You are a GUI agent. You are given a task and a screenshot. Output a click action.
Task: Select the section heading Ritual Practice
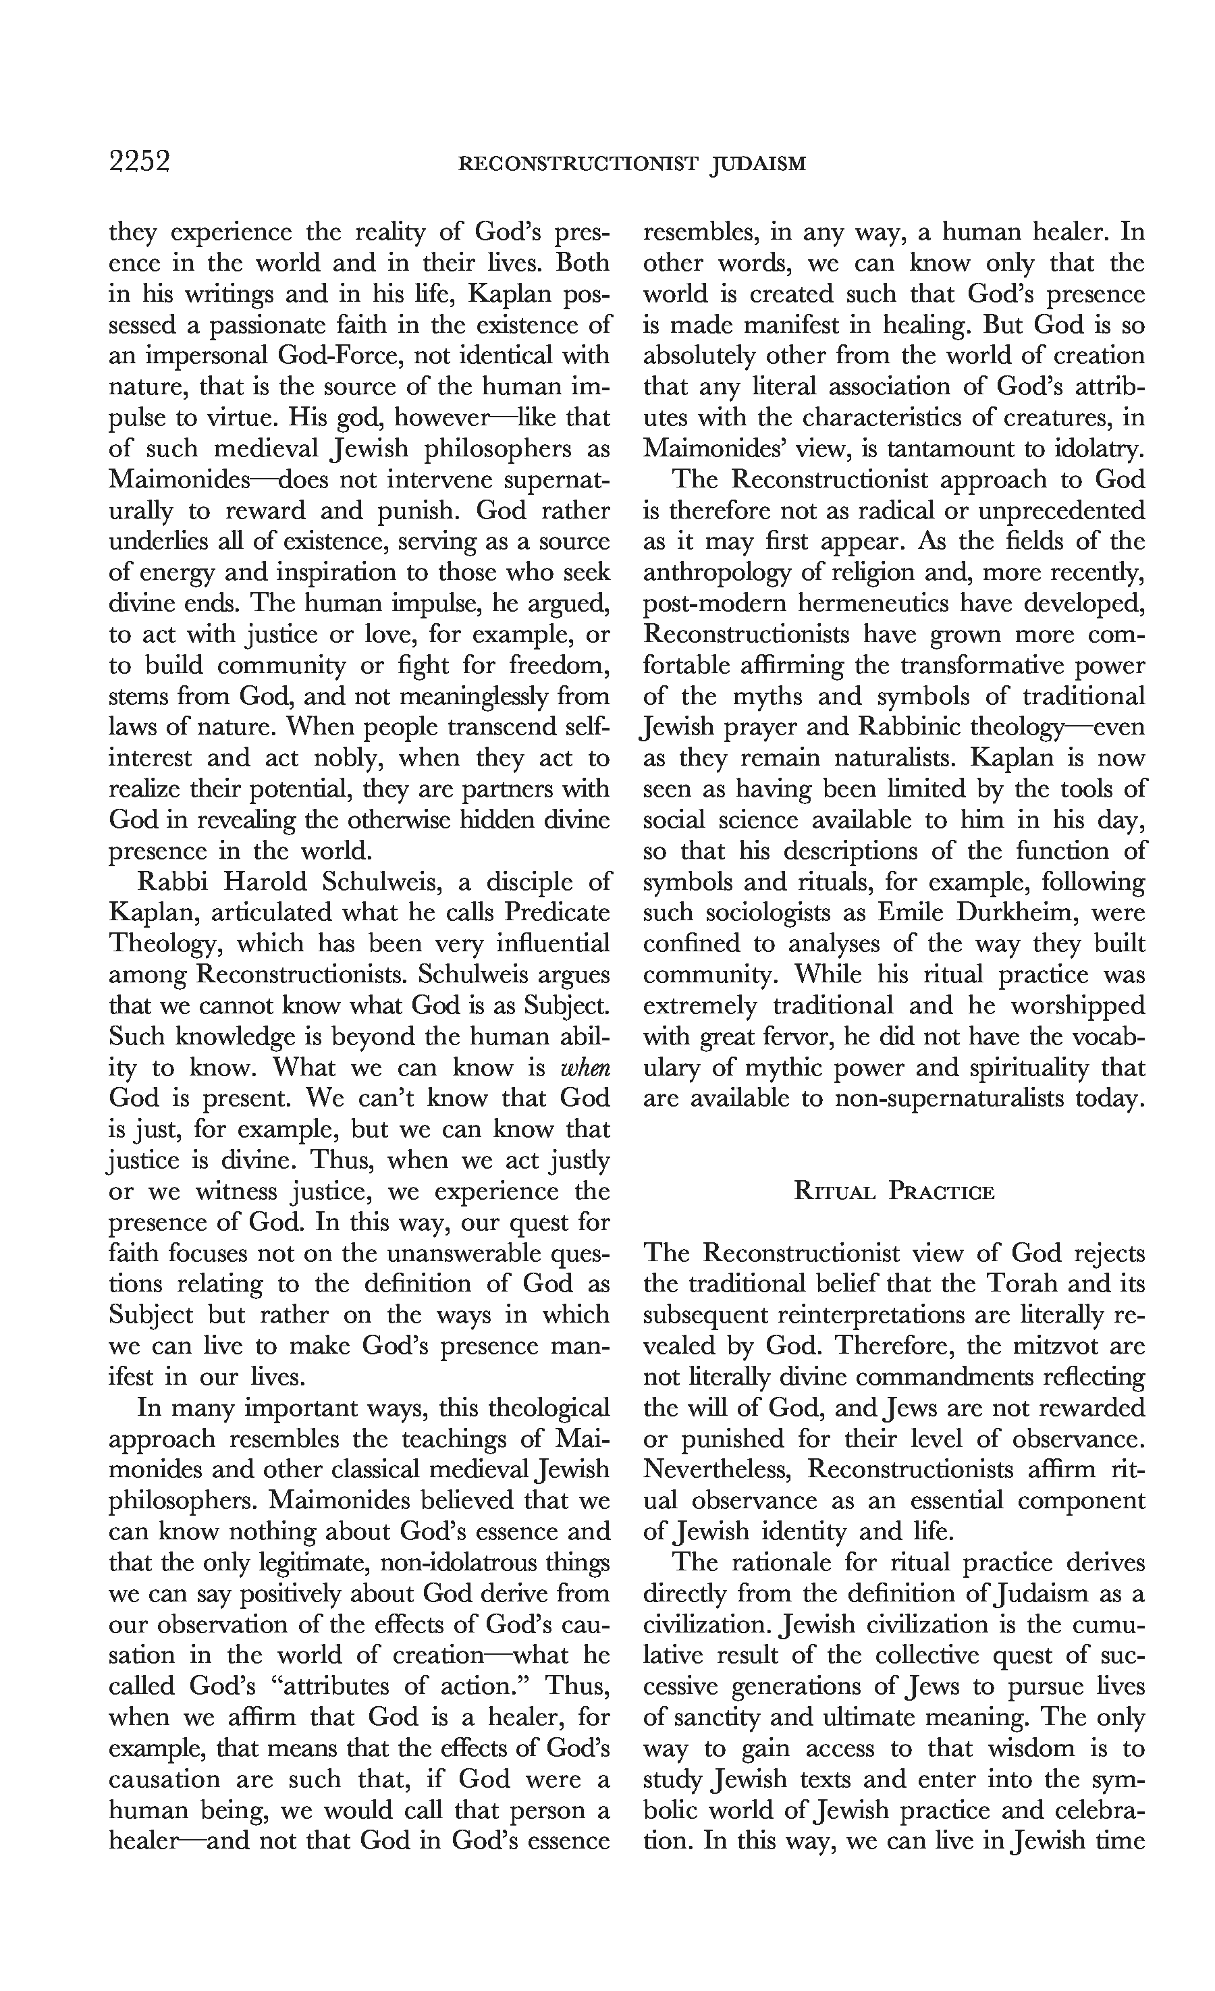(x=894, y=1192)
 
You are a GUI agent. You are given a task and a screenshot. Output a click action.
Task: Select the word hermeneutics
(x=886, y=604)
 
